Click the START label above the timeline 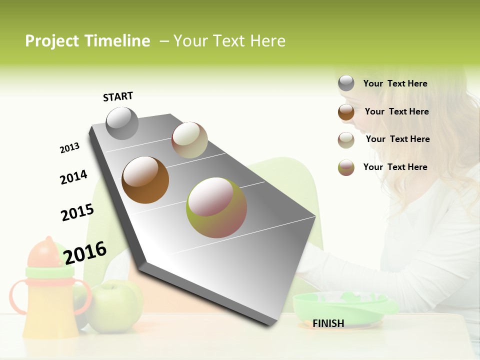[118, 96]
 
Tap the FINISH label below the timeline [328, 323]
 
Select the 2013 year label [69, 148]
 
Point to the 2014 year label [73, 177]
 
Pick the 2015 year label [77, 212]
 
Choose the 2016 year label [85, 252]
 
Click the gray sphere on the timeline [122, 123]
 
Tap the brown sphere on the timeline [145, 180]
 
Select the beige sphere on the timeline [189, 140]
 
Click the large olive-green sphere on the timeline [216, 207]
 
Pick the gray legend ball [346, 83]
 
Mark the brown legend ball [346, 112]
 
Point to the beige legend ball [346, 140]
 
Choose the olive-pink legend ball [346, 167]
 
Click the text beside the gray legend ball [395, 83]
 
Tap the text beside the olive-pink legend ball [395, 167]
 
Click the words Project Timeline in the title [87, 41]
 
